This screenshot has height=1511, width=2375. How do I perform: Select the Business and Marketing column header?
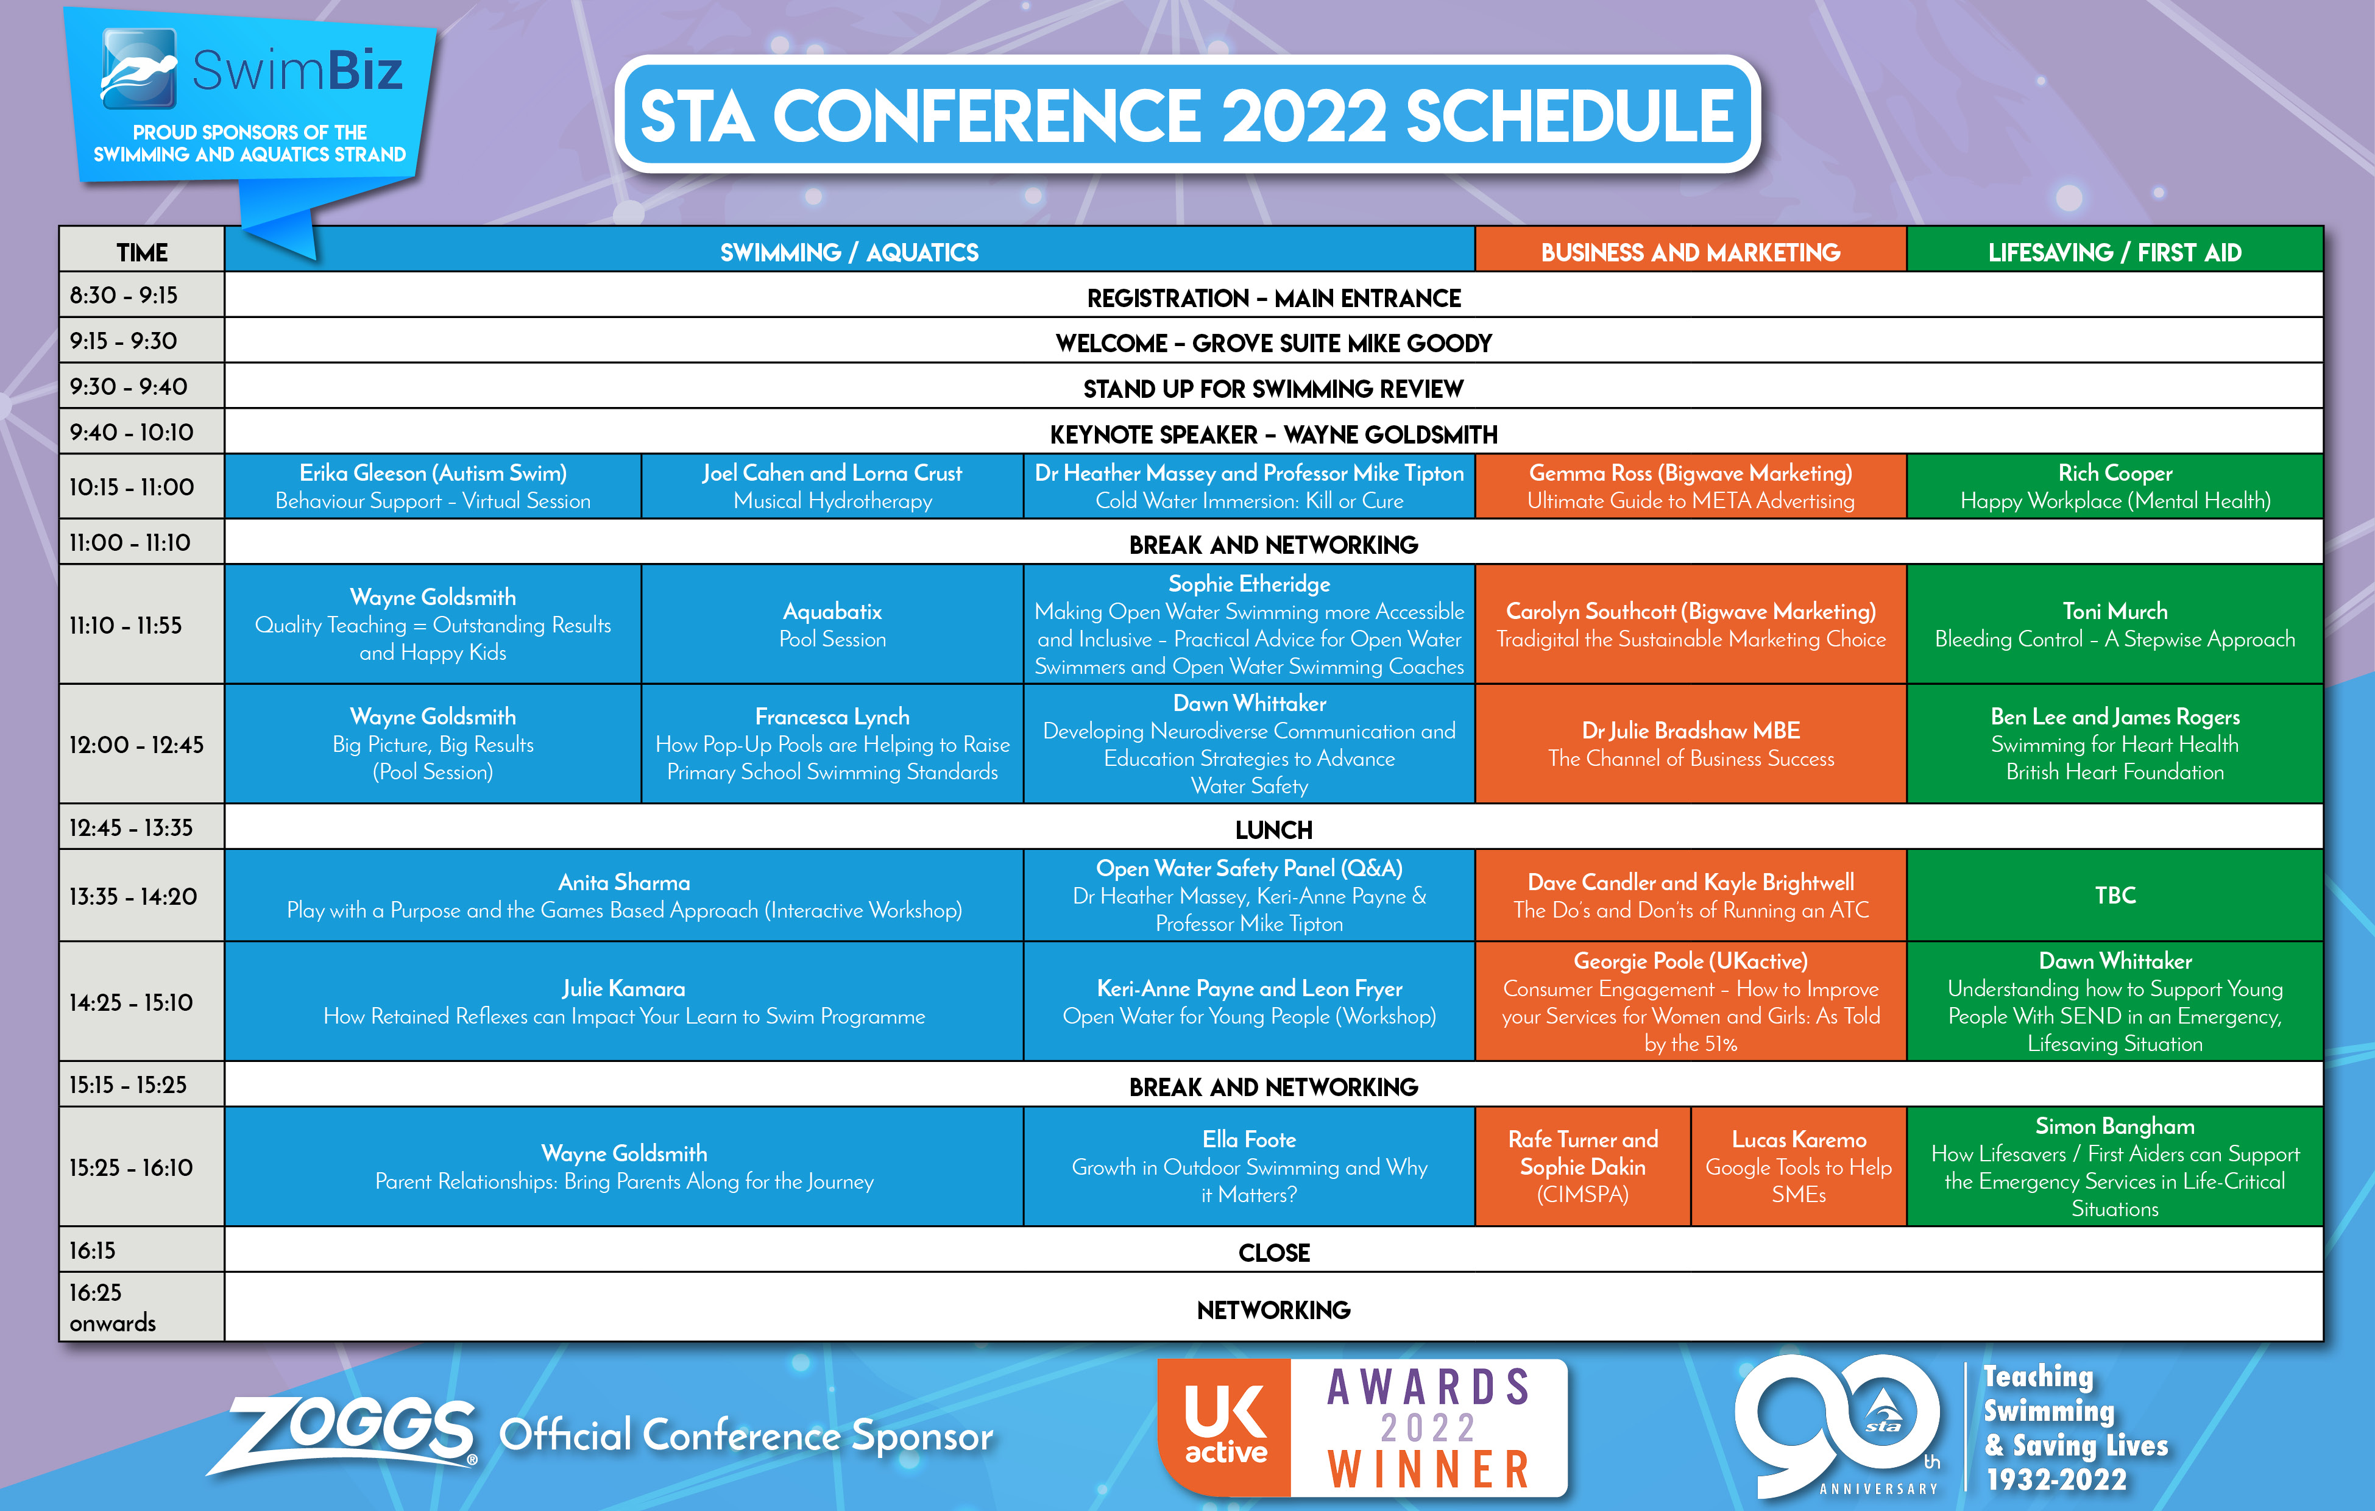1691,252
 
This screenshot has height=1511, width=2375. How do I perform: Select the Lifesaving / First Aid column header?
2115,252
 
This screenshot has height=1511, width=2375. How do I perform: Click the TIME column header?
142,252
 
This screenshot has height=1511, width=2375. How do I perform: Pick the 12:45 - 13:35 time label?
131,827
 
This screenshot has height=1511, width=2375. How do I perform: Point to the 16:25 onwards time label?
113,1307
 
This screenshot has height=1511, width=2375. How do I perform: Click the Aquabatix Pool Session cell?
832,625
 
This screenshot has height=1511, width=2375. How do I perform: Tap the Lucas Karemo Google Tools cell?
1799,1167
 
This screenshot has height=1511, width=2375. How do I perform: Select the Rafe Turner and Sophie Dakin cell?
1583,1167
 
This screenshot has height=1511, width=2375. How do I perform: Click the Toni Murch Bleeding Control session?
2115,625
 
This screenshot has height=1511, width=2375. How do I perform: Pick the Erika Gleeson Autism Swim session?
433,486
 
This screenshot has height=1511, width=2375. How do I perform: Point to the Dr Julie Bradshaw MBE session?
1691,744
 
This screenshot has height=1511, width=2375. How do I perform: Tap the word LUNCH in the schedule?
1273,829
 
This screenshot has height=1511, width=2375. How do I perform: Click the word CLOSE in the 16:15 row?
1273,1253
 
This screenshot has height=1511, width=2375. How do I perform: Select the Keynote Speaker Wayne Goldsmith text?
1273,434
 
